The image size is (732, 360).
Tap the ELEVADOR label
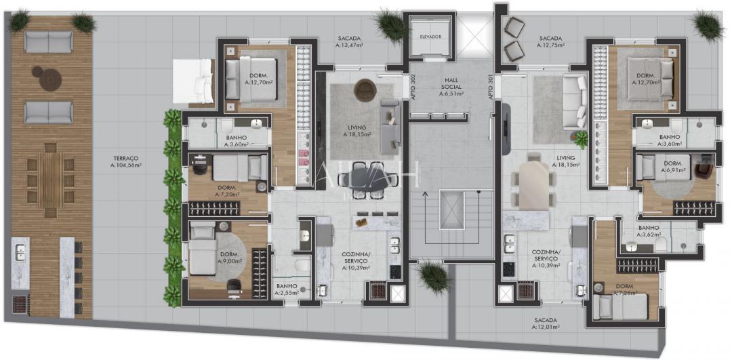(x=430, y=36)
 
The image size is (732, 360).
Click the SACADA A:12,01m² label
(x=546, y=323)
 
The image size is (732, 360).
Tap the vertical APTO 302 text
(x=413, y=87)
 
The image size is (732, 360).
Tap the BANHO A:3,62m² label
(x=649, y=231)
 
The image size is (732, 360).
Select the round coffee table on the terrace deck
(x=49, y=78)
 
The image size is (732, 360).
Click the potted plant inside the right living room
(x=581, y=139)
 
